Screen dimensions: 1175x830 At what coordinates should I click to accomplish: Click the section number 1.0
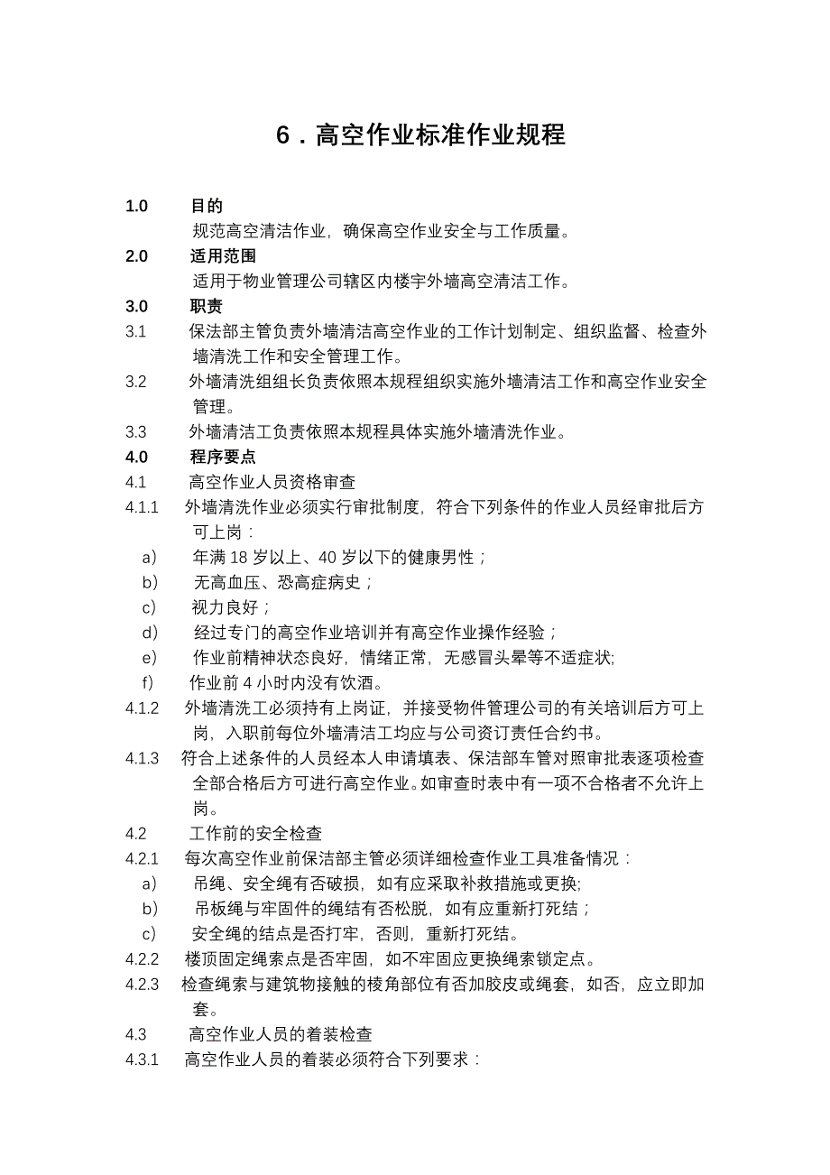(x=136, y=207)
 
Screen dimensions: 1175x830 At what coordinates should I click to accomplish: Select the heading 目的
(x=207, y=207)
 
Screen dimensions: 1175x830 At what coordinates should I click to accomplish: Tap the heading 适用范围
(x=223, y=256)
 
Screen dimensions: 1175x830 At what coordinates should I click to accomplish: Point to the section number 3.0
(x=136, y=306)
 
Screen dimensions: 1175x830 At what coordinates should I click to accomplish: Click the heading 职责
(x=207, y=306)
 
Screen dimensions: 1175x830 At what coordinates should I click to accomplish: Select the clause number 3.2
(x=136, y=381)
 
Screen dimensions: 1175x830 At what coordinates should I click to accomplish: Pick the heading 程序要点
(x=223, y=456)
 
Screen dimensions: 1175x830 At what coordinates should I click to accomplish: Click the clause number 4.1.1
(x=143, y=506)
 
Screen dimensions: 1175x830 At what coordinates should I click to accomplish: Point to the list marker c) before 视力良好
(x=150, y=606)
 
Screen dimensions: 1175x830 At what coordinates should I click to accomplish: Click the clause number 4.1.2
(x=143, y=707)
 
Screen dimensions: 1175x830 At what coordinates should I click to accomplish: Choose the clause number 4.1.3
(x=143, y=757)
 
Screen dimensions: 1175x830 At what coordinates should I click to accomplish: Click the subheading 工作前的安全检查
(x=255, y=832)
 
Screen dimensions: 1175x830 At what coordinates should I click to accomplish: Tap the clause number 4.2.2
(x=143, y=958)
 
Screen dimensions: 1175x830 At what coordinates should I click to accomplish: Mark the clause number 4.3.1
(x=143, y=1059)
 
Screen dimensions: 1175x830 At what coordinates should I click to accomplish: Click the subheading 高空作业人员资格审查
(x=272, y=482)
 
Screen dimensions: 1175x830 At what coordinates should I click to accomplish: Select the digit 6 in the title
(x=282, y=135)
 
